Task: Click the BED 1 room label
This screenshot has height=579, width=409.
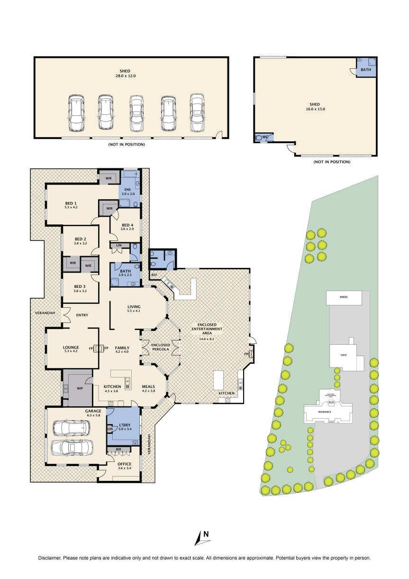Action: pos(71,205)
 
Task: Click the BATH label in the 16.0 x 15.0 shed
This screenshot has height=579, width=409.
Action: pos(366,70)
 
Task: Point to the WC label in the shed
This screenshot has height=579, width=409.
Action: pos(265,138)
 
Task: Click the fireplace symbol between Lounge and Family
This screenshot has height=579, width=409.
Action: pos(99,349)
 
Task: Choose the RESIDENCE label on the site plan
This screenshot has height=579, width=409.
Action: pos(324,412)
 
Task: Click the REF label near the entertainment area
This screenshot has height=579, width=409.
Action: pos(154,275)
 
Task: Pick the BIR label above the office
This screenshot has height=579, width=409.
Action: pos(118,448)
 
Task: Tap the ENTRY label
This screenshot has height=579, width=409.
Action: pos(82,315)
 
